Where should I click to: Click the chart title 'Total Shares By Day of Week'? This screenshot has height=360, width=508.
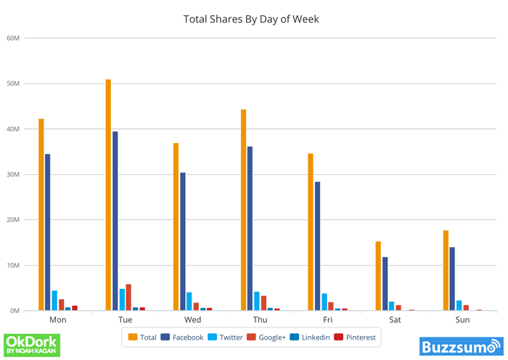[251, 19]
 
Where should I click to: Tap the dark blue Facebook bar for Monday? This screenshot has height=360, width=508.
[48, 232]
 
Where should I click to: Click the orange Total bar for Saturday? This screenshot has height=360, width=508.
[378, 276]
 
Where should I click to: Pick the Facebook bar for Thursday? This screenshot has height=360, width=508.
[250, 229]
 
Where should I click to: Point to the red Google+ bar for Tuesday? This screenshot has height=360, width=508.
[128, 297]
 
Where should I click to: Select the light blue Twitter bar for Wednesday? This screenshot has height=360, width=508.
[189, 301]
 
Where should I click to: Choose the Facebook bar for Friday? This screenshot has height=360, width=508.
[317, 246]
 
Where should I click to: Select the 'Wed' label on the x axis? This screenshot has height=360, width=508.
[193, 319]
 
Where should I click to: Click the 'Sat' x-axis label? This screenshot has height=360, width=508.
[395, 319]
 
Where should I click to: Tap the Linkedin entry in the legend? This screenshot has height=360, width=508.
[310, 337]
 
